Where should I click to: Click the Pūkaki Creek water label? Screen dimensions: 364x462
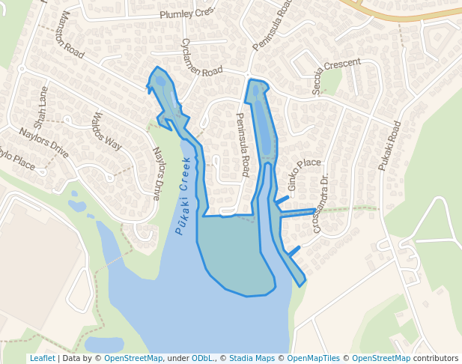tap(184, 195)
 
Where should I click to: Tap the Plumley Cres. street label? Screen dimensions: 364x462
tap(186, 13)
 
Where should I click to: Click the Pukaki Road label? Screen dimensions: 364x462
tap(389, 145)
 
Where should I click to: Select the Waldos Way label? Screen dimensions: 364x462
tap(106, 131)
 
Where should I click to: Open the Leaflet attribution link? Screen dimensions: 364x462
tap(42, 358)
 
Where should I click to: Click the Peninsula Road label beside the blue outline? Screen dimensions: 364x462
tap(243, 145)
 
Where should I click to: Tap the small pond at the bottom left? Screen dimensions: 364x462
tap(104, 345)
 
